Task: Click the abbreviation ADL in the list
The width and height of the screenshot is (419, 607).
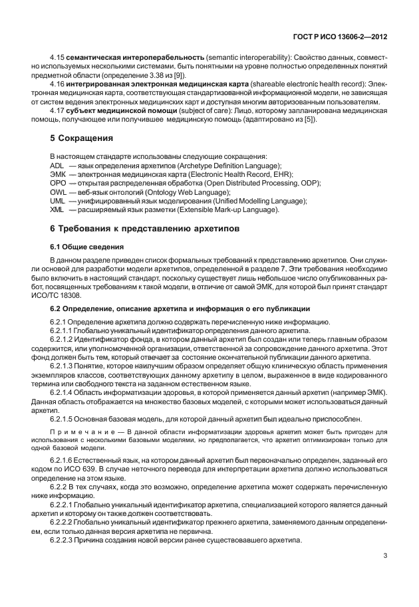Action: click(57, 165)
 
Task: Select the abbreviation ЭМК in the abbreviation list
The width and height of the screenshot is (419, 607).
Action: click(57, 174)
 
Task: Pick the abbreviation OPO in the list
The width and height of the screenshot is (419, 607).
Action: click(58, 183)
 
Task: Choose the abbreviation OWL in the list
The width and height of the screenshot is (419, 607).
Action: click(58, 191)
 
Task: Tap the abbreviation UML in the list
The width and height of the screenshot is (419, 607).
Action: click(58, 201)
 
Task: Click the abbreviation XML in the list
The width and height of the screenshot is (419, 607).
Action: click(57, 210)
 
